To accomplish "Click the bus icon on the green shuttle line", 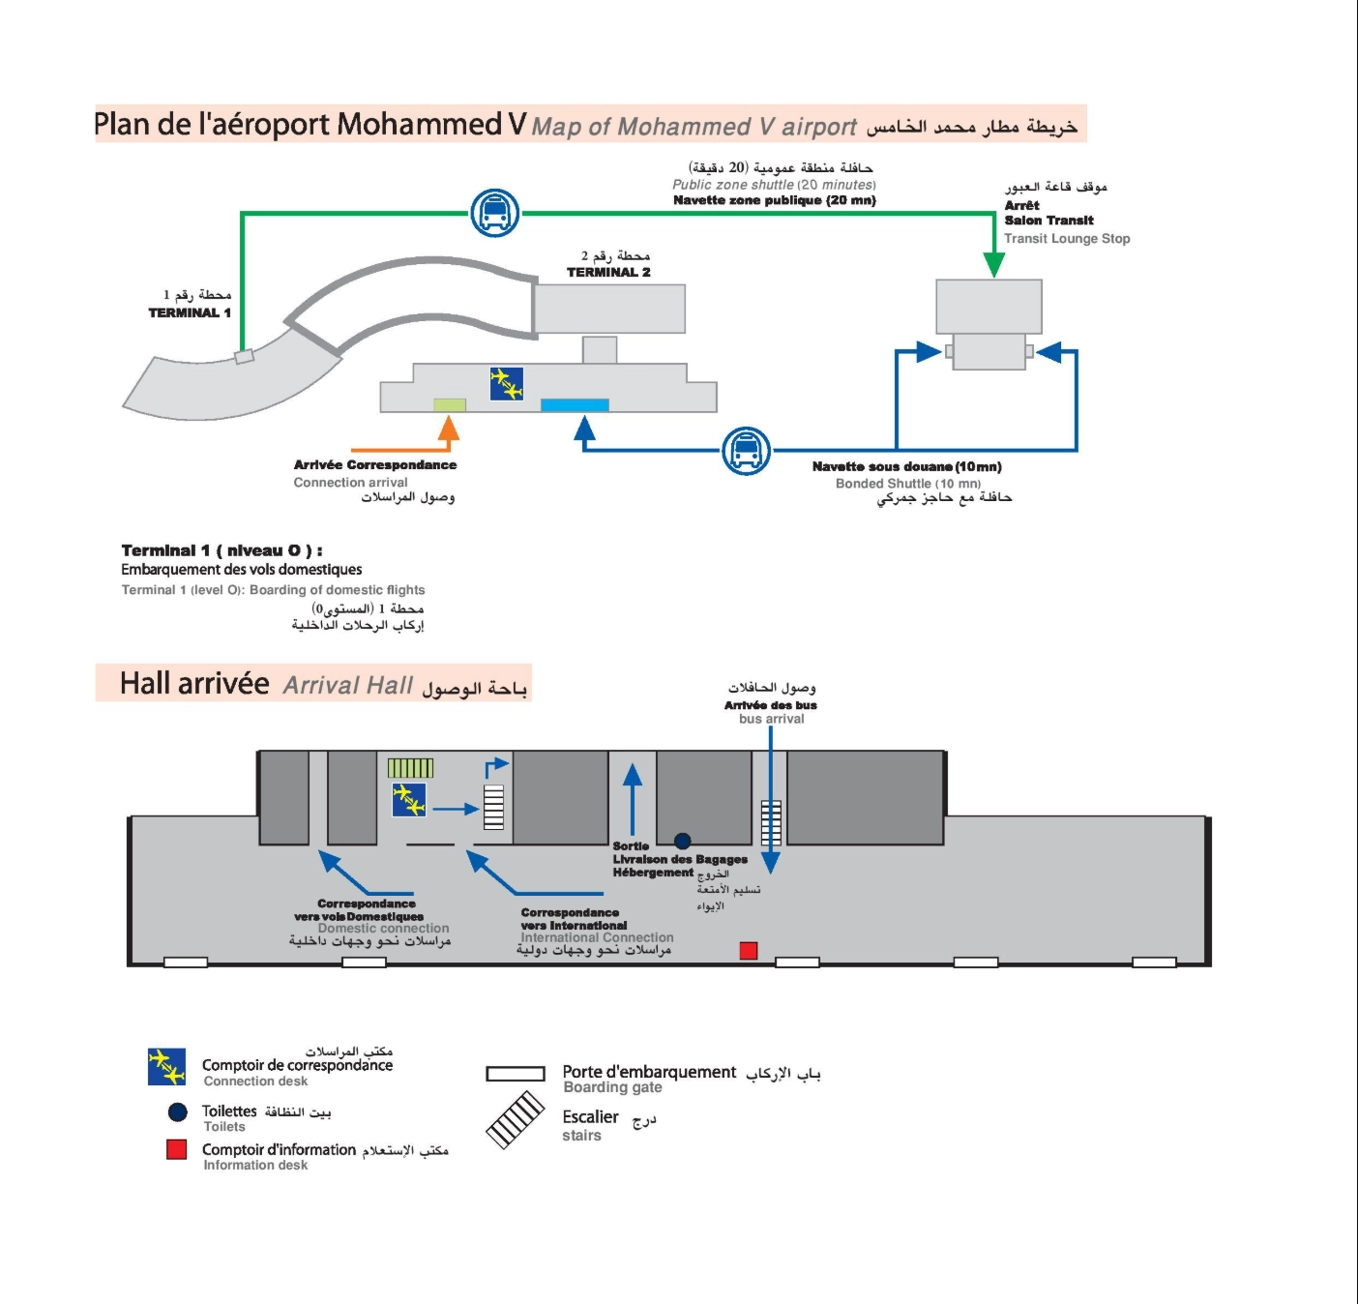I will click(x=495, y=213).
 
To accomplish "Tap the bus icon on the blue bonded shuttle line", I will click(x=747, y=451).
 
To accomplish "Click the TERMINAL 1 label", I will click(x=190, y=312).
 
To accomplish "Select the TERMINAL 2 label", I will click(x=608, y=272).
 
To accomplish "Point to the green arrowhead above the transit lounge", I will click(x=993, y=264).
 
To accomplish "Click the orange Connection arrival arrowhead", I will click(x=448, y=428).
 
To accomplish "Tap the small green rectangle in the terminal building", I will click(x=450, y=405).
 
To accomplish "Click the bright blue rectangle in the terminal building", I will click(x=575, y=405).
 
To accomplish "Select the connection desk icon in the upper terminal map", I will click(x=506, y=384).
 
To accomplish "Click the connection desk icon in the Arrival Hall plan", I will click(x=409, y=800).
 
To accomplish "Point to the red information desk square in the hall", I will click(x=748, y=951).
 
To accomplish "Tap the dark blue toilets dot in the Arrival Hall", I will click(x=683, y=841).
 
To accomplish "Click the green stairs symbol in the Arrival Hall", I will click(x=410, y=768).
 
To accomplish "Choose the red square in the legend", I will click(x=176, y=1149).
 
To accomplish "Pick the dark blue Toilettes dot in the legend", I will click(x=177, y=1112).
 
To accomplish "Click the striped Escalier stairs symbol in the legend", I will click(x=515, y=1120).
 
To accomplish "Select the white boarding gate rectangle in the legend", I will click(x=516, y=1074).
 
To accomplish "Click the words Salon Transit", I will click(x=1048, y=221).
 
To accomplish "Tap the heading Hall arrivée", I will click(x=194, y=684).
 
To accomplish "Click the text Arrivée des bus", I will click(x=770, y=705).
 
